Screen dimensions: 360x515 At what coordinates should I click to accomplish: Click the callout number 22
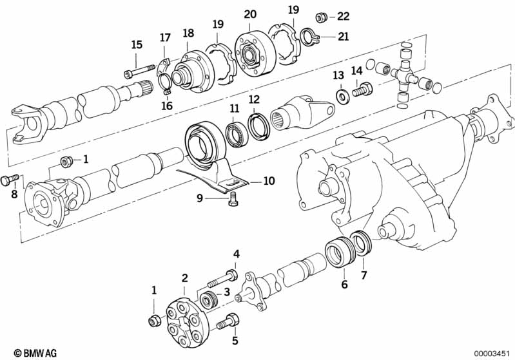click(x=343, y=16)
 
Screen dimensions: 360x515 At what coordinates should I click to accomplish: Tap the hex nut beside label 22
click(x=321, y=17)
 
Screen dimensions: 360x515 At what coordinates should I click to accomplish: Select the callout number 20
click(x=250, y=14)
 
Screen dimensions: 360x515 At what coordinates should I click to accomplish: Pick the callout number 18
click(x=188, y=33)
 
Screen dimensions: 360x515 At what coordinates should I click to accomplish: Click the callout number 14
click(x=357, y=71)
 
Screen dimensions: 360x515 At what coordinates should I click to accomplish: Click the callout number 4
click(x=237, y=254)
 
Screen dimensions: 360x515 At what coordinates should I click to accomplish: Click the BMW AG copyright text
click(x=30, y=352)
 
